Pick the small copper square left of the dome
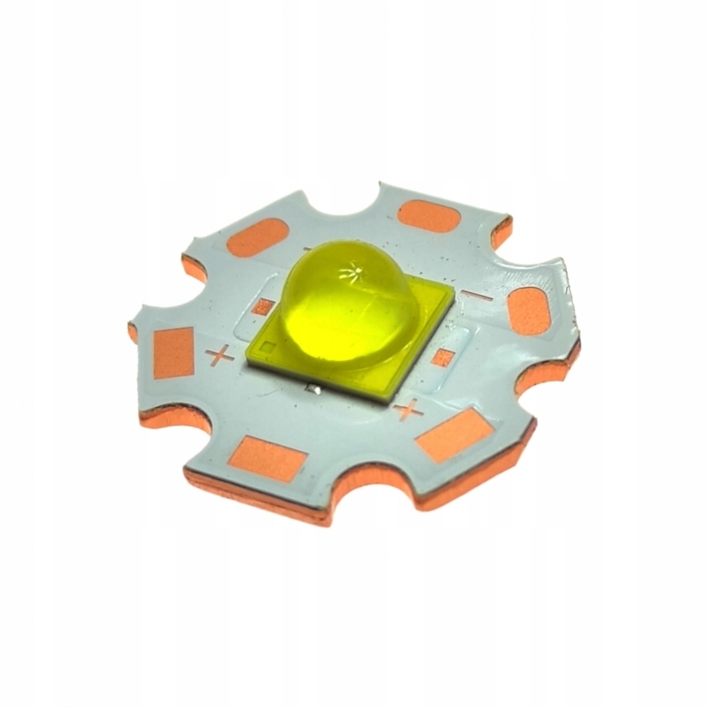coord(263,307)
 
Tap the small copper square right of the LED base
coord(445,358)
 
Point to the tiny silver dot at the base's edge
coord(313,388)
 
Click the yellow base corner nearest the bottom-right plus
coord(386,397)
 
